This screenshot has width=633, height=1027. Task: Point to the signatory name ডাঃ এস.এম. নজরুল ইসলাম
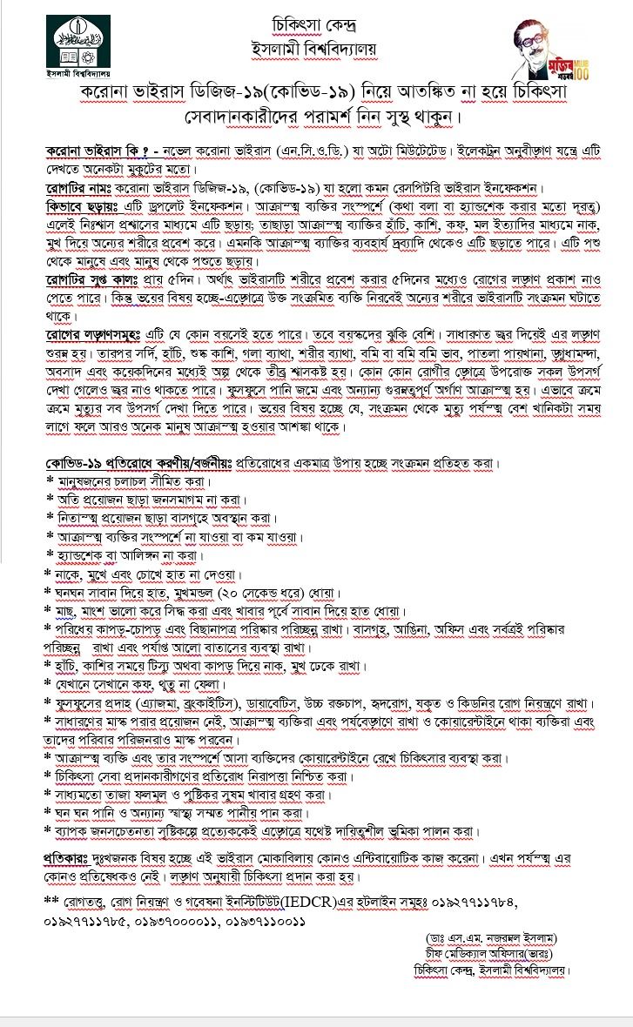pyautogui.click(x=488, y=938)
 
